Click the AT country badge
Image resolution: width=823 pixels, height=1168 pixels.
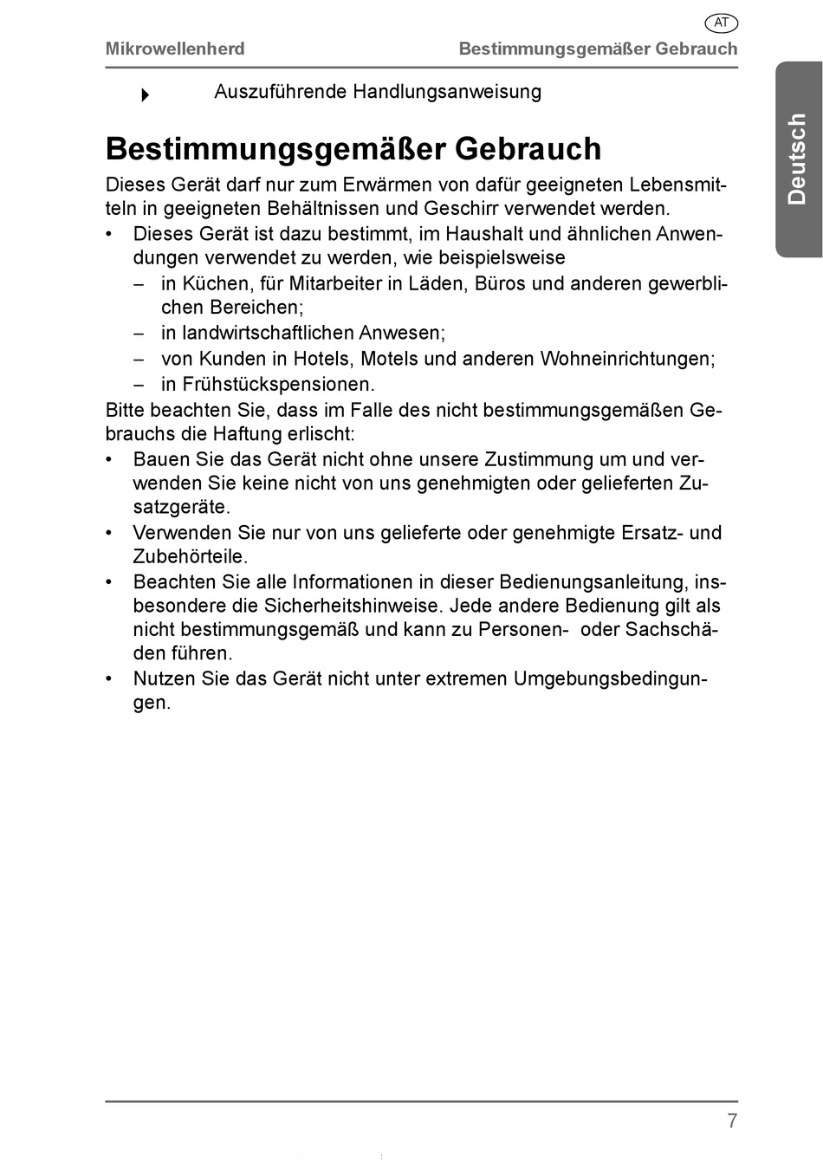point(721,23)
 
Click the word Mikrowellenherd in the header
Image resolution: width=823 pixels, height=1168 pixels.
point(175,49)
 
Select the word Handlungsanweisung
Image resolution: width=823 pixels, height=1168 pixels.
point(447,92)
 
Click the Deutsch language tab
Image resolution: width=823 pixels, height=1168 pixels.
point(798,159)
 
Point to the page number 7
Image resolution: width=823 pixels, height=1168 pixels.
point(732,1121)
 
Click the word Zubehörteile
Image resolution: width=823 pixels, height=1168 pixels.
point(190,556)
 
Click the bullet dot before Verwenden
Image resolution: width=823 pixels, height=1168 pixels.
point(110,533)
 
